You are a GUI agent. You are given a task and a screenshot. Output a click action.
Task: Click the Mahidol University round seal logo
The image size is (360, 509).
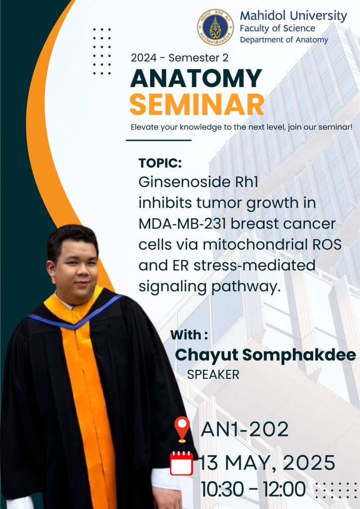215,27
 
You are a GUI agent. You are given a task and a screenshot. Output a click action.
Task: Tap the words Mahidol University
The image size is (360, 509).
293,15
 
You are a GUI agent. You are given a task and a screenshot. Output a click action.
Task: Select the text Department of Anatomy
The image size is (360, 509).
284,40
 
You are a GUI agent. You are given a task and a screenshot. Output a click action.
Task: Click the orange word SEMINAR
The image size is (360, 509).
197,104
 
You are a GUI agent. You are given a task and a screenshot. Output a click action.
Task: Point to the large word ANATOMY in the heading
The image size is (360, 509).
196,78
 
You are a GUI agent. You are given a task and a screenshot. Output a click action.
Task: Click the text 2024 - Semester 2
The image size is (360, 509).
180,58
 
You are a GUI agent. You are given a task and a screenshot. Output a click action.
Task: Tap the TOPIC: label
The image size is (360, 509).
160,163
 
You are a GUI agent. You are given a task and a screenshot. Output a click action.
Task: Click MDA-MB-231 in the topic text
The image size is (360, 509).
182,224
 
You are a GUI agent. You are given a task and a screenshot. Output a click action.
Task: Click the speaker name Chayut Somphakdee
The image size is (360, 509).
266,355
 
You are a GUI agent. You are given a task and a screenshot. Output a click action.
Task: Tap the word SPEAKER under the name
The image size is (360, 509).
213,375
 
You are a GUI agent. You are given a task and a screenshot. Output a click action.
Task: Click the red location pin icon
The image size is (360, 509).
182,429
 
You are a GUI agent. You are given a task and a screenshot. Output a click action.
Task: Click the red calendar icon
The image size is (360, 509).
181,463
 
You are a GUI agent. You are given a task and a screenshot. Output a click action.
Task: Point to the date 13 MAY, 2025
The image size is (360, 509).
267,463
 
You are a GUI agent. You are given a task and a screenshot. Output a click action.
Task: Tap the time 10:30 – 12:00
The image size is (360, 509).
253,489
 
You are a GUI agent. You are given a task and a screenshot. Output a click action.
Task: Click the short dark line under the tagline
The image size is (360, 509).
159,140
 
